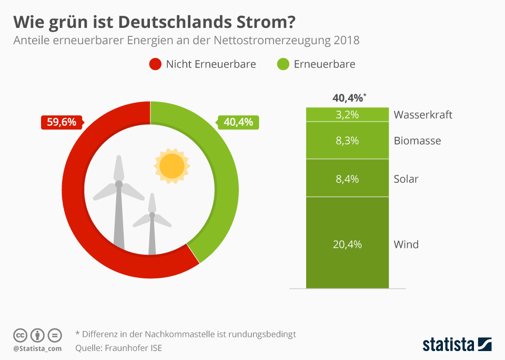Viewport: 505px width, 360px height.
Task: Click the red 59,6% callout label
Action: [x=62, y=122]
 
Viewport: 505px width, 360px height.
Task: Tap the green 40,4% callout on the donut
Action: [x=238, y=122]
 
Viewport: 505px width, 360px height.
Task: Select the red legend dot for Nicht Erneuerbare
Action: [x=155, y=64]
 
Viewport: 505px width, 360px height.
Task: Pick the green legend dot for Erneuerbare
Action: [x=283, y=64]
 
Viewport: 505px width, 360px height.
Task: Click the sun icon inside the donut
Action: [x=171, y=166]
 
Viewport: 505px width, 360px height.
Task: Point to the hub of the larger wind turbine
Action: [x=119, y=184]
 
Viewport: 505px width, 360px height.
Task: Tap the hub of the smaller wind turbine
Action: [x=152, y=215]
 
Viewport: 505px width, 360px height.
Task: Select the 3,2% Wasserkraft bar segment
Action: [x=347, y=115]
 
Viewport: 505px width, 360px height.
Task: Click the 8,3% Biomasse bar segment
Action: [x=347, y=141]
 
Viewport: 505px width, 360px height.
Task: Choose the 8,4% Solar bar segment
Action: [x=347, y=178]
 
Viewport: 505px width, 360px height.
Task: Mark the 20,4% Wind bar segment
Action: [x=347, y=244]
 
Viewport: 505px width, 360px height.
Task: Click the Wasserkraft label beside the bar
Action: [x=423, y=115]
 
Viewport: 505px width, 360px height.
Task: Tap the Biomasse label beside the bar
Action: [x=417, y=141]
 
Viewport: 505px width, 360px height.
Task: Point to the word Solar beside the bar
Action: [x=406, y=179]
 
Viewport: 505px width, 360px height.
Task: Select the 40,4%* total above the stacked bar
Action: [x=348, y=98]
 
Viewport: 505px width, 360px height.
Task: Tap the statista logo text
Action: [x=448, y=345]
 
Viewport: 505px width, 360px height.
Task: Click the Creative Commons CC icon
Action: [x=20, y=335]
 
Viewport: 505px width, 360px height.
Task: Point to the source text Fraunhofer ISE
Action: [x=134, y=347]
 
